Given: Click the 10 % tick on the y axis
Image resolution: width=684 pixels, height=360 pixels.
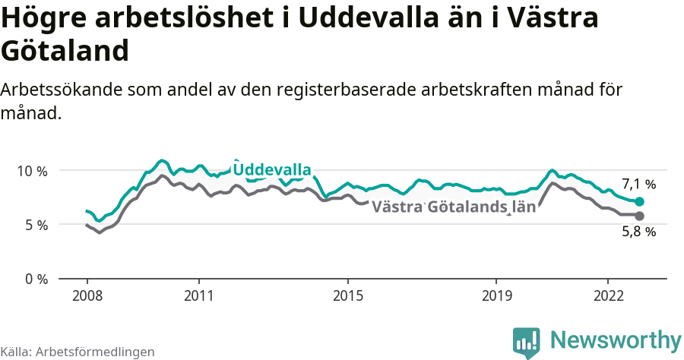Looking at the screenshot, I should (31, 171).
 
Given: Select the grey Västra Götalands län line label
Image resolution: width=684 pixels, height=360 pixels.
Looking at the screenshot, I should (454, 207).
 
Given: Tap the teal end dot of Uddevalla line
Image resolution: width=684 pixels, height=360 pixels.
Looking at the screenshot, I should (640, 202).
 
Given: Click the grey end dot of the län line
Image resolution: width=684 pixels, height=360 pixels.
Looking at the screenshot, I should (640, 216).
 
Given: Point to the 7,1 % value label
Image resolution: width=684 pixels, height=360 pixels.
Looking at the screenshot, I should (638, 184).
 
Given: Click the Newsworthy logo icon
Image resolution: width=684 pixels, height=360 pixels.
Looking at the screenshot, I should (527, 342).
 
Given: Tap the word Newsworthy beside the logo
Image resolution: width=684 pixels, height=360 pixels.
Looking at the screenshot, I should (616, 339).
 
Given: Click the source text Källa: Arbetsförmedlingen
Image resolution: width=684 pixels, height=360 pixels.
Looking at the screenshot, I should (78, 352).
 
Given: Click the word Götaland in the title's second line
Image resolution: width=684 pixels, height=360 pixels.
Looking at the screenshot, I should (65, 52).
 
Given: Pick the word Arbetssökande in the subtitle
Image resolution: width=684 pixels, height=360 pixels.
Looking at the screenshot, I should (62, 90).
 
